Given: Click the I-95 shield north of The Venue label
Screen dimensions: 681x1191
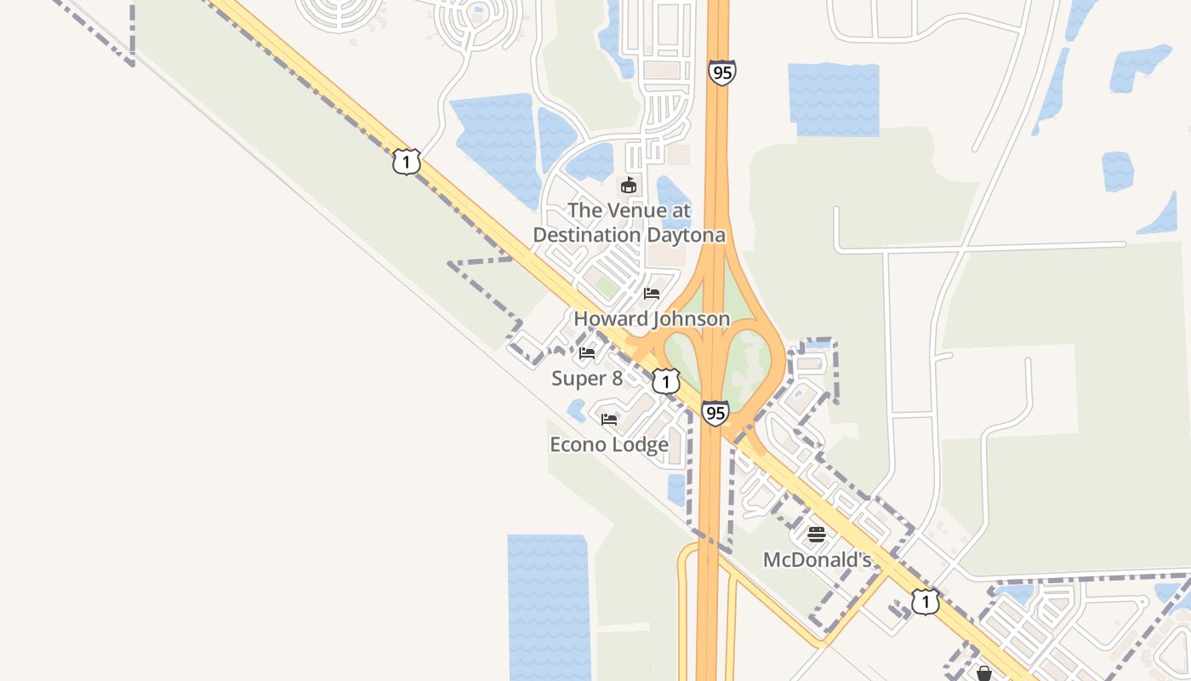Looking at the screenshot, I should coord(721,73).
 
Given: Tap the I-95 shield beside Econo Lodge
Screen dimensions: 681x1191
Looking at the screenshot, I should coord(715,414).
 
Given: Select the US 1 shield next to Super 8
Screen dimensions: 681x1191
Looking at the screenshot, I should coord(666,381).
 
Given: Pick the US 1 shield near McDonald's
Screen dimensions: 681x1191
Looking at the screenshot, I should coord(926,602).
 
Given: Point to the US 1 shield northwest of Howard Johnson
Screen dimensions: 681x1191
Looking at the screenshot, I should coord(407,161).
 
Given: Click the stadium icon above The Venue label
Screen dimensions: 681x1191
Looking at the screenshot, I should coord(629,185).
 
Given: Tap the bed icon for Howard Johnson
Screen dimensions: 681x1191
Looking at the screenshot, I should coord(652,294).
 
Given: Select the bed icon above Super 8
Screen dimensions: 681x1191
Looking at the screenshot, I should coord(587,352).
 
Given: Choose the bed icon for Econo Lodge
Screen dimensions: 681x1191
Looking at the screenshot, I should coord(609,420).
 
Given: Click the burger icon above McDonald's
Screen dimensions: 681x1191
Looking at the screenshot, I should coord(817,535).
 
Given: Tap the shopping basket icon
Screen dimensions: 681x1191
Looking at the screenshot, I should coord(984,673).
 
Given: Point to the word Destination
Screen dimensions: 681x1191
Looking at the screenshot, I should coord(587,235).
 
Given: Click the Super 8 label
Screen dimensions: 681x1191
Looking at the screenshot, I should coord(587,379).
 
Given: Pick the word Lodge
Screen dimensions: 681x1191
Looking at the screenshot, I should coord(638,444).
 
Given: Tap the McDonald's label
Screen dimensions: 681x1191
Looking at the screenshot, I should coord(817,560).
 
